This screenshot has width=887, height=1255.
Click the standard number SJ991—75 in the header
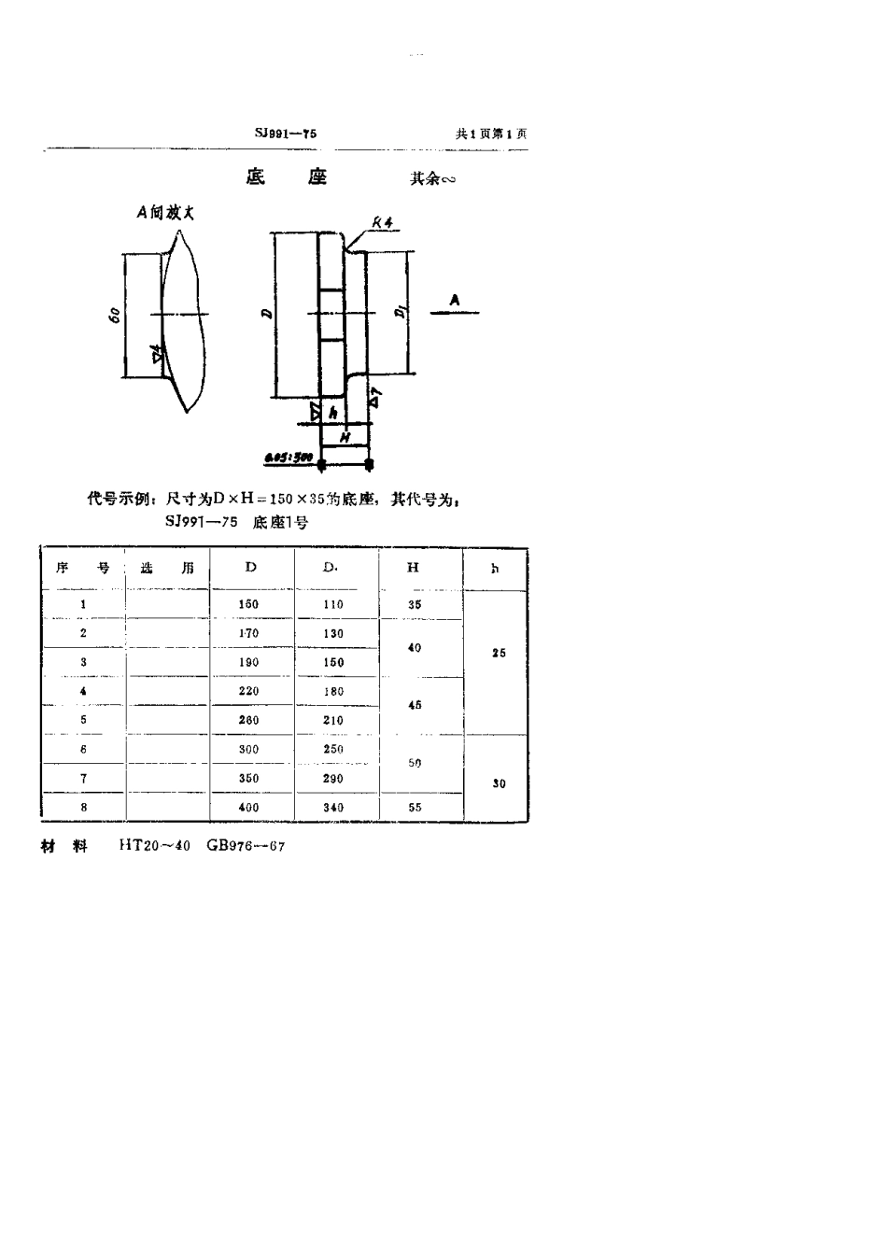point(286,134)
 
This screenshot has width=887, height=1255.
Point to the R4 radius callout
point(382,222)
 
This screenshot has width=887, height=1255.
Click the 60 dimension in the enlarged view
point(114,315)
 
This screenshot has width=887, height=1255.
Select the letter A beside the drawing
point(455,300)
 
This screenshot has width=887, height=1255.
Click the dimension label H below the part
point(344,436)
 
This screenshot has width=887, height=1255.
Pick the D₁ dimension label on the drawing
point(400,312)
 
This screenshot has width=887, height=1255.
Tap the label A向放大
point(165,213)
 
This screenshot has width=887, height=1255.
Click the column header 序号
point(83,568)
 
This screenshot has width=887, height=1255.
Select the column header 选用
point(167,568)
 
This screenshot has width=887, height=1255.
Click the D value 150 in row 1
point(248,604)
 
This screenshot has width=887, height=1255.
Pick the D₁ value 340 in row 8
point(332,808)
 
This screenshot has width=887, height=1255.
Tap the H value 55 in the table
point(415,808)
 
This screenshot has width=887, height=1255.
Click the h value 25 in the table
point(499,653)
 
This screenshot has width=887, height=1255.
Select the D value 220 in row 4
point(248,691)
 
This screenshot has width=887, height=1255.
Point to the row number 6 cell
point(83,749)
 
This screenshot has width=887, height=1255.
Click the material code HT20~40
point(154,846)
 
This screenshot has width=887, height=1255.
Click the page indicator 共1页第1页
point(491,134)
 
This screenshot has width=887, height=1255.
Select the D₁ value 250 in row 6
point(332,749)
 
